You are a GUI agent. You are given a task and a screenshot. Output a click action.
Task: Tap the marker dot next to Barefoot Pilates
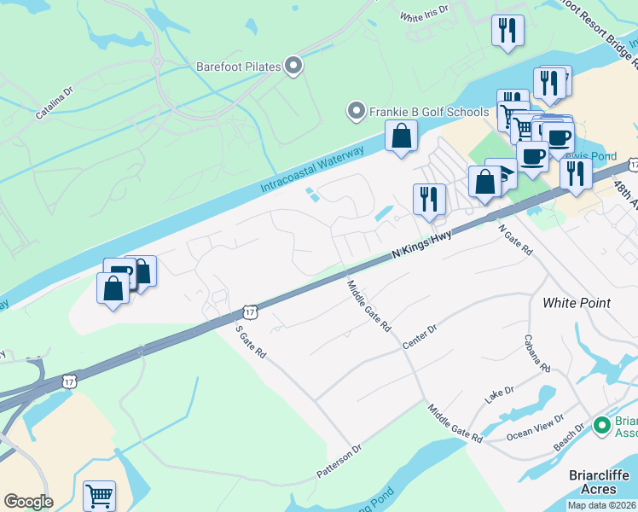point(294,66)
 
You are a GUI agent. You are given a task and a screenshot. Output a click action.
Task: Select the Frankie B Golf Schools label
point(428,112)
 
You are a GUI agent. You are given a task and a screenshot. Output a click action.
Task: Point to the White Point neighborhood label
point(577,303)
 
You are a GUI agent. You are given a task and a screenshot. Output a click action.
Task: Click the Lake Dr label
point(500,394)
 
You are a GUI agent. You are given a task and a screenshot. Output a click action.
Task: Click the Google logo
point(28,502)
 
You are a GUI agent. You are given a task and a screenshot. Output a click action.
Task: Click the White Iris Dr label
point(423,15)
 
